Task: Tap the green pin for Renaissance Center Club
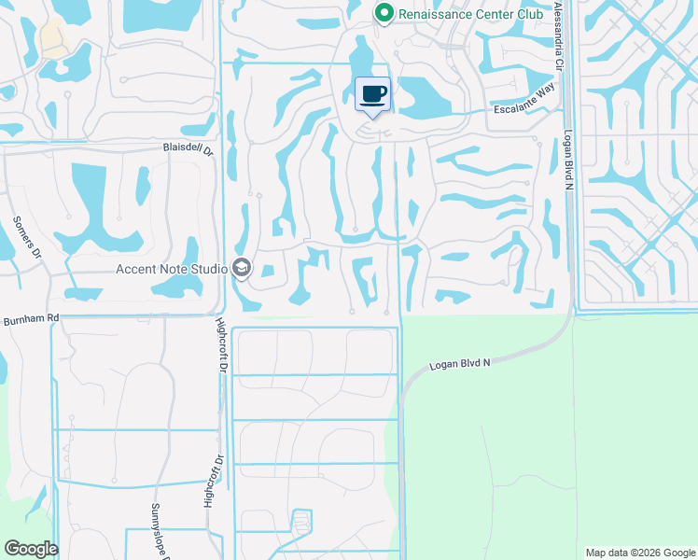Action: pos(383,13)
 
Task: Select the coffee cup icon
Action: pos(372,94)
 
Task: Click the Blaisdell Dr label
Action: pos(189,147)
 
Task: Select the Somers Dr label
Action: pos(27,237)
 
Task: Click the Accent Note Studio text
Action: pos(172,269)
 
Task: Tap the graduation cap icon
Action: pos(242,269)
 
